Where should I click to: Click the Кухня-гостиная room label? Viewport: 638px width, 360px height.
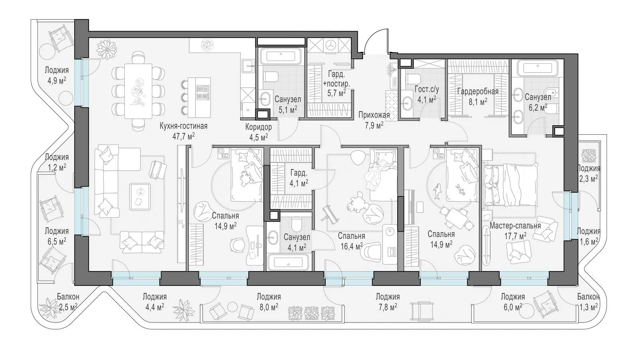click(183, 126)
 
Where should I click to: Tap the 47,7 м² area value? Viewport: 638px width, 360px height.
click(183, 136)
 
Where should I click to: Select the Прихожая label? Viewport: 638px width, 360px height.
click(374, 115)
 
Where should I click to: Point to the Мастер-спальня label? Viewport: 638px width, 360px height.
click(515, 226)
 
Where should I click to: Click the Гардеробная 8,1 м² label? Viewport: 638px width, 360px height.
click(478, 96)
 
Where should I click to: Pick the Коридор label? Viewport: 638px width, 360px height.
click(259, 127)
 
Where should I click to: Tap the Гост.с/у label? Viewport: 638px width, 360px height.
click(427, 89)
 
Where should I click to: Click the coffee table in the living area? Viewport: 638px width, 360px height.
click(140, 197)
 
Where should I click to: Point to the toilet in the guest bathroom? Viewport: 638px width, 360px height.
click(412, 78)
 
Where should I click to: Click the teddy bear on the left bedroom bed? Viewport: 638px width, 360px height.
click(245, 178)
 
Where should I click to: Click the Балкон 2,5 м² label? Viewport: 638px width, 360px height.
click(68, 302)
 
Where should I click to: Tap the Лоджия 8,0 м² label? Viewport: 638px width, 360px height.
click(269, 302)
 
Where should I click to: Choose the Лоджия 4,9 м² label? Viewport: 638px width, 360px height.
click(57, 75)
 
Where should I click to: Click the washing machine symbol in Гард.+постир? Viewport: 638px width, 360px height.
click(330, 45)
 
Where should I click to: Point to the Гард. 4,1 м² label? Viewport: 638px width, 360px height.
click(299, 178)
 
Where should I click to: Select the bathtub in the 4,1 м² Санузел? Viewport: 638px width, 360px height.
click(288, 262)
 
